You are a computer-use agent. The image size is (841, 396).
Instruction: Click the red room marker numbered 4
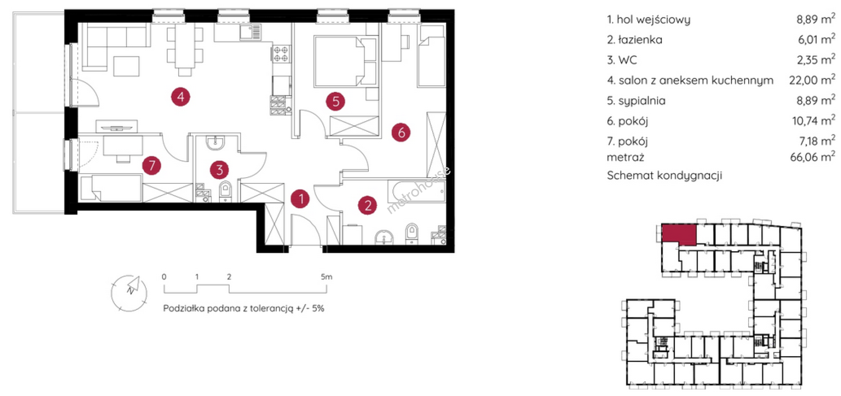click(x=180, y=97)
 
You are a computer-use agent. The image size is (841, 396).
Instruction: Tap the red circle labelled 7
click(x=152, y=165)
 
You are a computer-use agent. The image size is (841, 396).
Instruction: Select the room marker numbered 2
click(x=367, y=205)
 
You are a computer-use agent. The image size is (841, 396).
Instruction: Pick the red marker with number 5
click(x=336, y=101)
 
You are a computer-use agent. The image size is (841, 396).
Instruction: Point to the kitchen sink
click(x=250, y=32)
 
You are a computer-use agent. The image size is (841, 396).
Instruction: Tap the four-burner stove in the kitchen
click(x=281, y=54)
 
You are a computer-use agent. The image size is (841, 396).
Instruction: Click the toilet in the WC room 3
click(x=226, y=191)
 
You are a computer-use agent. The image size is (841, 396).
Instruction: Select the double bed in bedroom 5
click(x=345, y=61)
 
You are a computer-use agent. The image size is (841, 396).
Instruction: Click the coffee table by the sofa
click(x=127, y=66)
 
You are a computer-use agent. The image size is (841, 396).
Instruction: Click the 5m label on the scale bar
click(x=326, y=277)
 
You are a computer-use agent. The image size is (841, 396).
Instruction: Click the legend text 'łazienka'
click(x=640, y=40)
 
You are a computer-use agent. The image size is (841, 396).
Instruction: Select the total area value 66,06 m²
click(x=813, y=156)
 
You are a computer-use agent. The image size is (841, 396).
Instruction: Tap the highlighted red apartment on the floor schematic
click(x=678, y=235)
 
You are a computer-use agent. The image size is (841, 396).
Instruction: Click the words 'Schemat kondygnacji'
click(x=664, y=175)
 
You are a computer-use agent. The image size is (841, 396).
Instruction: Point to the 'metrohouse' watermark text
click(x=418, y=189)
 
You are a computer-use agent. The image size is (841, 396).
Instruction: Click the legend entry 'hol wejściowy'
click(x=654, y=19)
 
